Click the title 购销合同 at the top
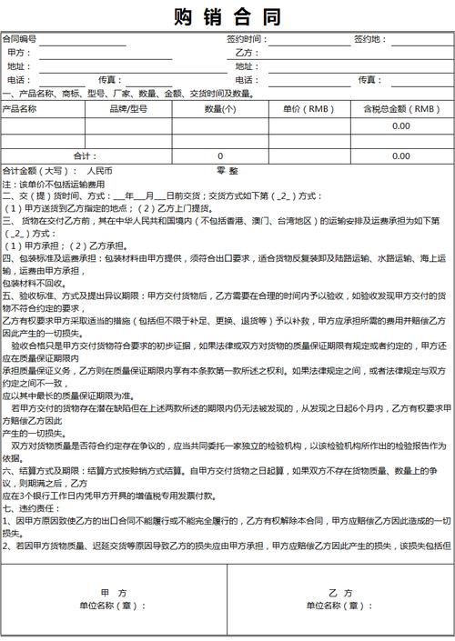[x=227, y=17]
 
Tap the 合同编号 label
[x=19, y=39]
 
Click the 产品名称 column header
[x=20, y=108]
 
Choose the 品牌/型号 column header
[x=128, y=108]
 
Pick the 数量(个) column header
[x=220, y=108]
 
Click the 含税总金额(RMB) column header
[x=401, y=108]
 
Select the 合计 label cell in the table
[x=85, y=155]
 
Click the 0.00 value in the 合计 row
[x=401, y=155]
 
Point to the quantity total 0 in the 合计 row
[x=219, y=155]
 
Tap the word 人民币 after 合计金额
[x=99, y=170]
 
